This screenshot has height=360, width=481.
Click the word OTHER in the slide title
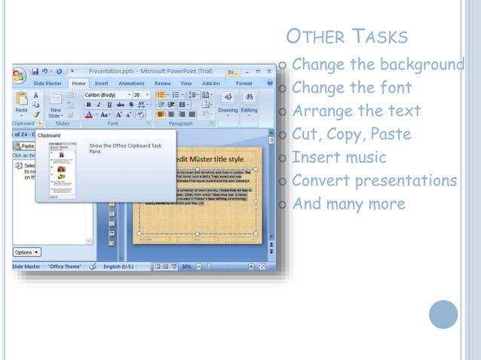pos(317,37)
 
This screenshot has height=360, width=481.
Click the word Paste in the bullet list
pos(389,135)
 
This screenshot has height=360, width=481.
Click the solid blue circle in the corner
pos(443,315)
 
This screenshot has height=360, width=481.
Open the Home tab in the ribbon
pos(78,84)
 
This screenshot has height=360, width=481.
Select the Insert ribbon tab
pos(102,84)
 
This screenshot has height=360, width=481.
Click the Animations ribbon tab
pos(131,84)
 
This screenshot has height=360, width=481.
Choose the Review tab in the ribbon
pos(162,84)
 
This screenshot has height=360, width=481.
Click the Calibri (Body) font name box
pos(104,96)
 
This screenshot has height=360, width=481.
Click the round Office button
pos(19,75)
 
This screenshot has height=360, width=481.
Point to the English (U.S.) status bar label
pos(120,267)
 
